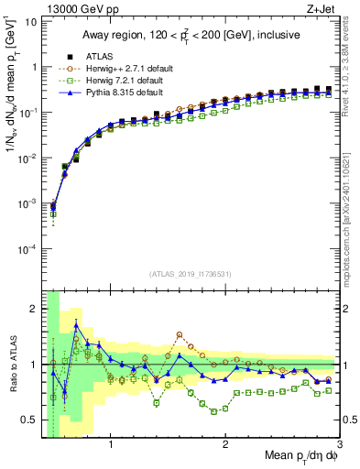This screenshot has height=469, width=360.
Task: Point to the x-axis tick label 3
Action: [340, 446]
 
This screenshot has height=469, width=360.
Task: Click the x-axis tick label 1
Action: [111, 446]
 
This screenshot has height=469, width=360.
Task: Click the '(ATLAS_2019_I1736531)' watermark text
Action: [191, 274]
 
